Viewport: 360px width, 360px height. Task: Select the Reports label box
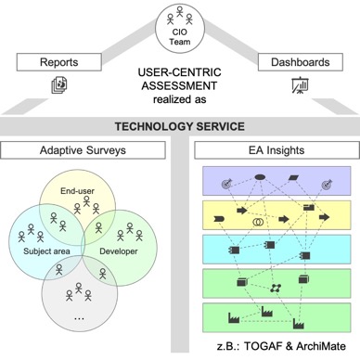[58, 63]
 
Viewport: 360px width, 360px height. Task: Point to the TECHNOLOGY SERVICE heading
[179, 126]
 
